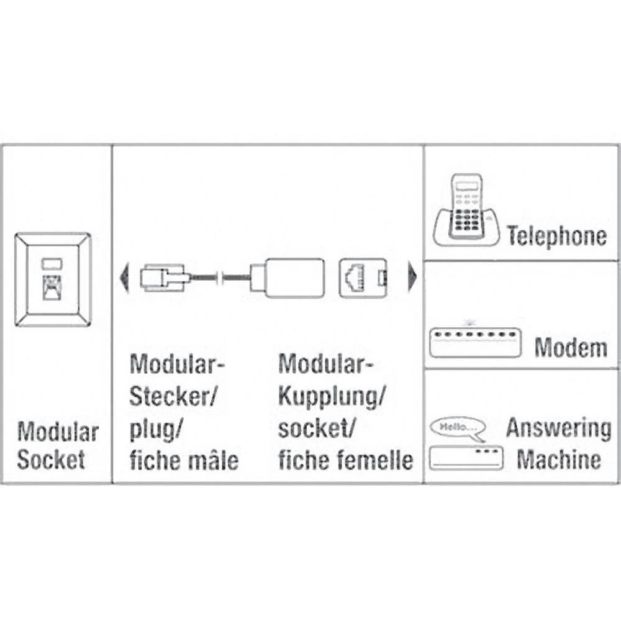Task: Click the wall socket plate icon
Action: tap(53, 279)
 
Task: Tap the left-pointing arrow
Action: tap(124, 278)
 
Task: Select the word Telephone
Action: tap(556, 236)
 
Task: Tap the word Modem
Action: tap(571, 348)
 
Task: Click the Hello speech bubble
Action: tap(456, 428)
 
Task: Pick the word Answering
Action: tap(558, 428)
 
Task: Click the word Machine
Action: tap(559, 460)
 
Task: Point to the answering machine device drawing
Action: tap(466, 458)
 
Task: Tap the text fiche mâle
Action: tap(184, 461)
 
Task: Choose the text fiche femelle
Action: tap(345, 461)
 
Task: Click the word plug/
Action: tap(156, 429)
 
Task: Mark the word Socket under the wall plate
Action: tap(51, 460)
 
